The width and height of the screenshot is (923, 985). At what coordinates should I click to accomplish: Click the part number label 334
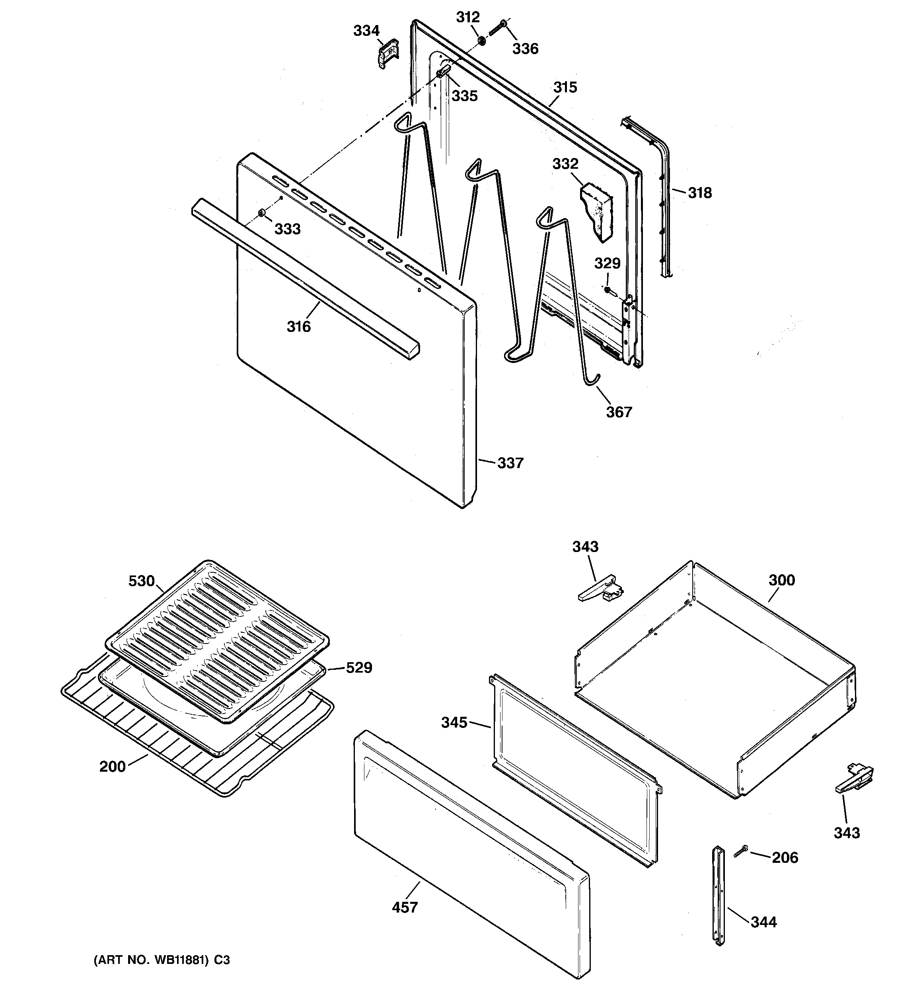[x=366, y=31]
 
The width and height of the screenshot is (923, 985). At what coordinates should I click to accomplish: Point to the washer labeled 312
[x=481, y=40]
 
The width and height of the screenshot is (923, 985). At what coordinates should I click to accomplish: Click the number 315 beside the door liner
[x=565, y=87]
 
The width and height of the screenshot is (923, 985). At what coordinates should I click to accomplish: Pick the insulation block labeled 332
[x=598, y=210]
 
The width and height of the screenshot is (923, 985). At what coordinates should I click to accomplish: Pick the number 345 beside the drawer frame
[x=454, y=722]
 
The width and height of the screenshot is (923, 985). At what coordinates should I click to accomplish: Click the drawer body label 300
[x=781, y=580]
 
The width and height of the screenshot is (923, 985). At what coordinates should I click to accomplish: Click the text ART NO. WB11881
[x=155, y=960]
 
